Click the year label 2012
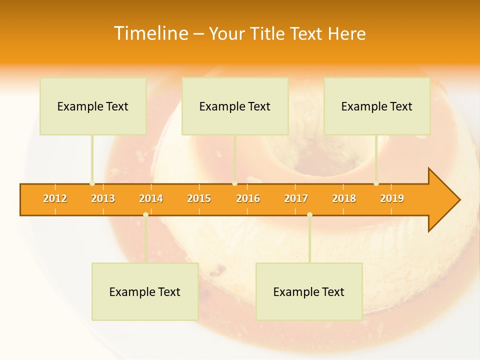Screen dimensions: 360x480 [x=55, y=198]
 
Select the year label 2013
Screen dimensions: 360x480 [x=103, y=198]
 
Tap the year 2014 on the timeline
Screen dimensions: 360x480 [x=151, y=198]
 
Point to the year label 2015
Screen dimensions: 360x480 [x=199, y=198]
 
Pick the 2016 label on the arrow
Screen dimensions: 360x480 [x=248, y=198]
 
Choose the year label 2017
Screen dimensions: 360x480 [x=296, y=198]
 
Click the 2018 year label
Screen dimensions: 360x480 [x=344, y=198]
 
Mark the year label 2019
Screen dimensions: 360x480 [x=392, y=198]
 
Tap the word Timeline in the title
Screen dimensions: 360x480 [x=150, y=33]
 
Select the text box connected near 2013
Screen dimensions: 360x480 [x=93, y=106]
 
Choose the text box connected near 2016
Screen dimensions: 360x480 [x=235, y=106]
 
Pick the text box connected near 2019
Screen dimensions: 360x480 [x=377, y=106]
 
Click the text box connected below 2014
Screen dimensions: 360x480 [x=145, y=291]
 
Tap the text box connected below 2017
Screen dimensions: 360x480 [x=309, y=291]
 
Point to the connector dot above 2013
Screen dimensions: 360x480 [x=92, y=183]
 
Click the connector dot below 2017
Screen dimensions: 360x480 [x=309, y=215]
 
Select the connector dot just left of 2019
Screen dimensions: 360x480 [x=376, y=183]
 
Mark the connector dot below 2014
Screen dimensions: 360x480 [x=145, y=215]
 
